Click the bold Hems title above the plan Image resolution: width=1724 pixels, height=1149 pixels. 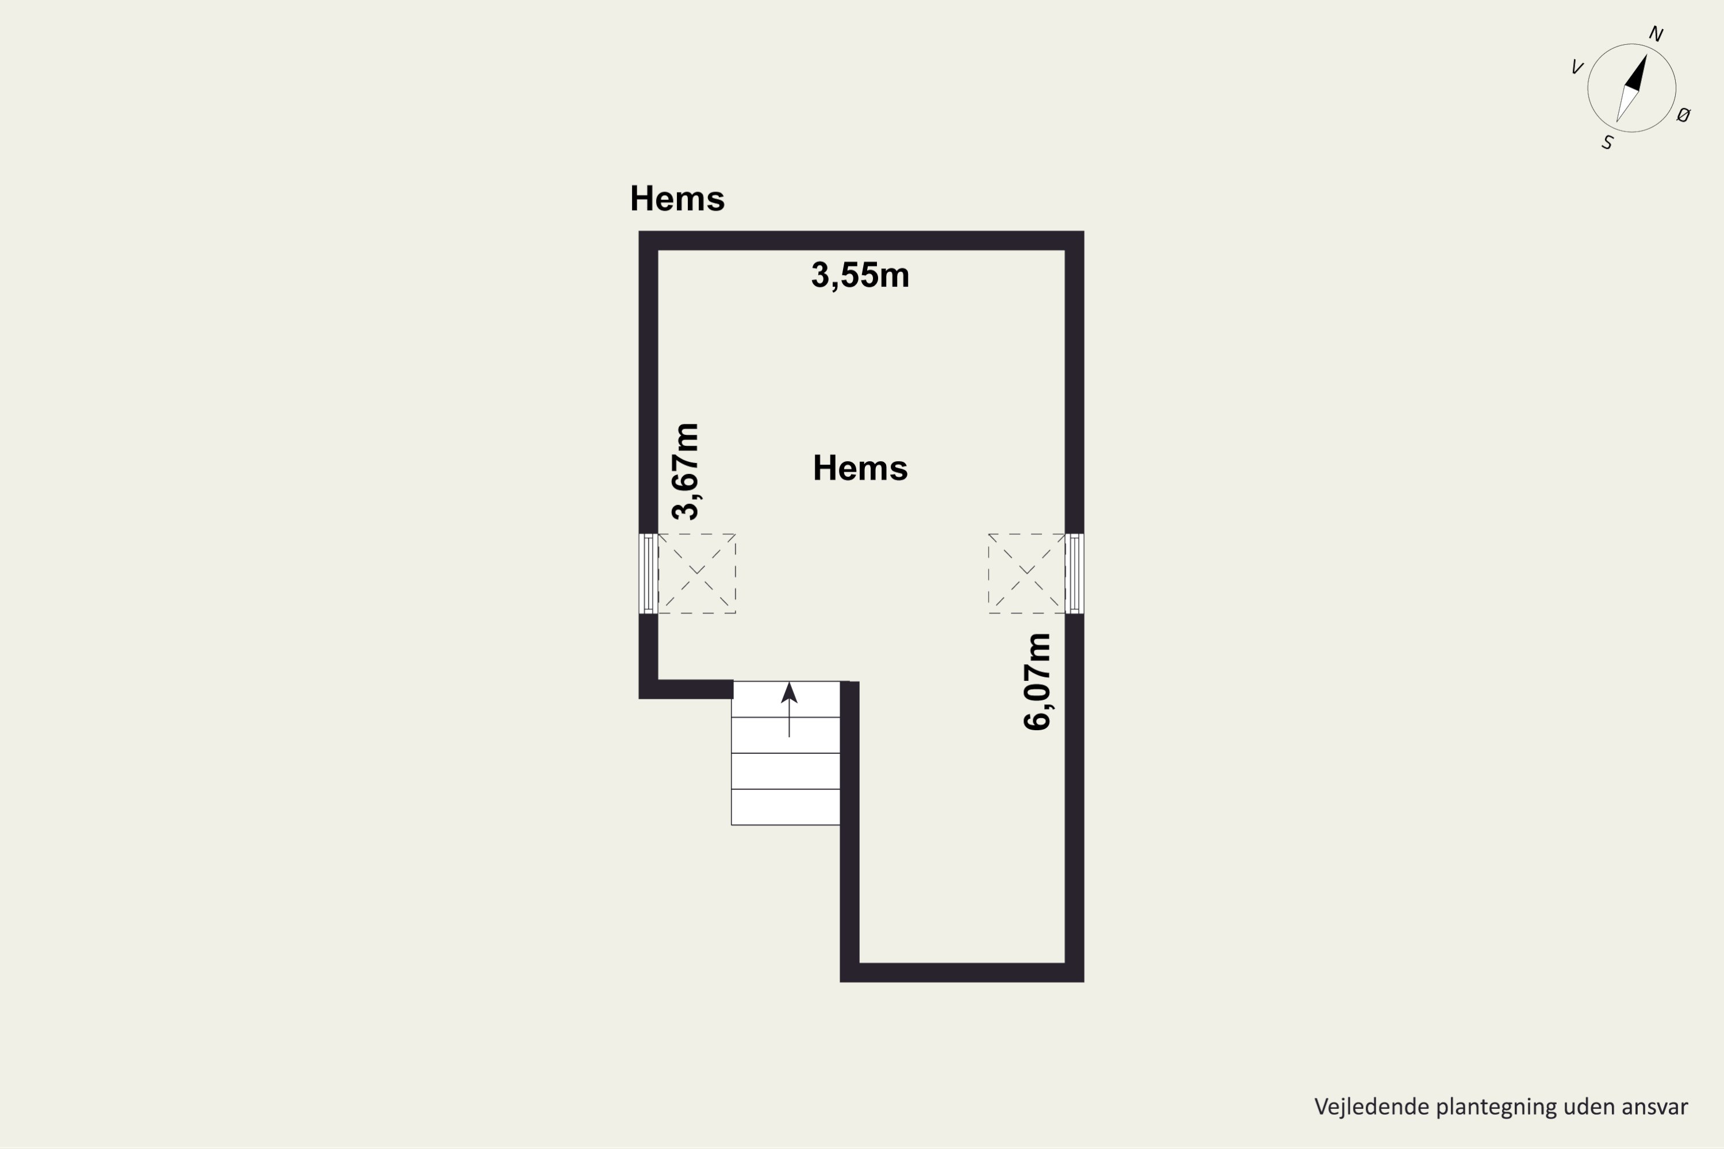[678, 199]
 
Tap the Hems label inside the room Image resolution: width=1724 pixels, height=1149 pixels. [860, 468]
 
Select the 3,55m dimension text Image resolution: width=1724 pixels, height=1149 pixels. [860, 276]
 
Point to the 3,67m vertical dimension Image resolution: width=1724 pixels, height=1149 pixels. [686, 471]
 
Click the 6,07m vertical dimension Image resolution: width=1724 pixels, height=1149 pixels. [1037, 681]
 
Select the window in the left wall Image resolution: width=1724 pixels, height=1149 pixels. [648, 573]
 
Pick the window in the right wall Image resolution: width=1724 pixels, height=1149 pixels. [1074, 573]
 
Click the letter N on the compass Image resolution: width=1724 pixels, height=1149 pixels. [1656, 34]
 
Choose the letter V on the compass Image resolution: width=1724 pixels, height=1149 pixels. [1577, 67]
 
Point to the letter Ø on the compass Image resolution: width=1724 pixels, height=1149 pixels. [1684, 114]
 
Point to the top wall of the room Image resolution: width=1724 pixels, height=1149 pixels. [861, 240]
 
